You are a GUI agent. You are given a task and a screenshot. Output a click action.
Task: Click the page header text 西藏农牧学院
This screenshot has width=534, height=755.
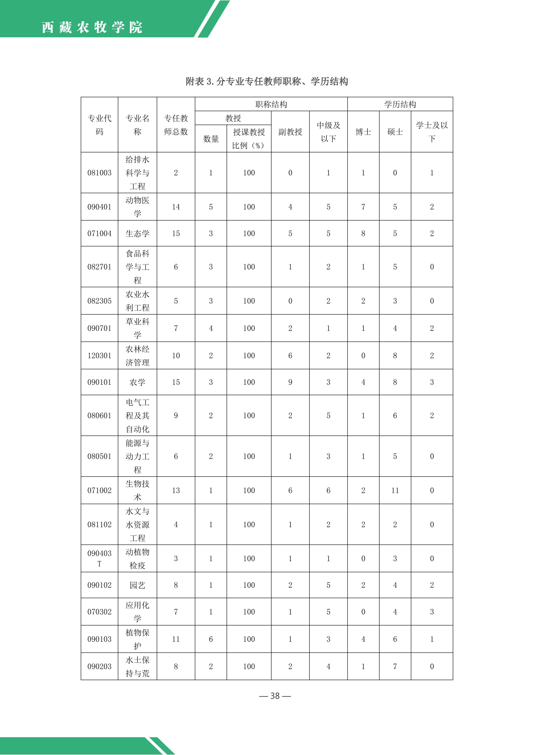[92, 27]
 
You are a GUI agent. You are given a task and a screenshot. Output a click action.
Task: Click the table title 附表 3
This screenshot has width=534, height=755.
[267, 81]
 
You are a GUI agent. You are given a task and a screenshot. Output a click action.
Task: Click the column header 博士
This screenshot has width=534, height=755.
[363, 132]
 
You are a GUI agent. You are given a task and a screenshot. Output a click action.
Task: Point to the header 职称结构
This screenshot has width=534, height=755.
[271, 104]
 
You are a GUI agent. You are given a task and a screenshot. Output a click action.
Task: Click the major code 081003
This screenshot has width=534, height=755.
[99, 173]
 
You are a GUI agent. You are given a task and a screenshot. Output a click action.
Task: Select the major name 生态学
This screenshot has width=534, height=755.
[137, 234]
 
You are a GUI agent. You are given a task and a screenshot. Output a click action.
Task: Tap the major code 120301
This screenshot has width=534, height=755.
[99, 355]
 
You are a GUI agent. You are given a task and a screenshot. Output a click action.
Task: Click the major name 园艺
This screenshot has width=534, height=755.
[137, 585]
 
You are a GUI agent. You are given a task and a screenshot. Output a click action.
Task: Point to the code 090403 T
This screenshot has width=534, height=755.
[99, 558]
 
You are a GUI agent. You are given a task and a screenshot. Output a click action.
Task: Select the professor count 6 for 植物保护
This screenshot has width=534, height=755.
[210, 639]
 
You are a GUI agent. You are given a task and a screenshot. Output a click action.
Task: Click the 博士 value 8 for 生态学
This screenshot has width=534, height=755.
[363, 234]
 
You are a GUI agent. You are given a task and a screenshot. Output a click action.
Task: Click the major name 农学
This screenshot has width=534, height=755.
[137, 382]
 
